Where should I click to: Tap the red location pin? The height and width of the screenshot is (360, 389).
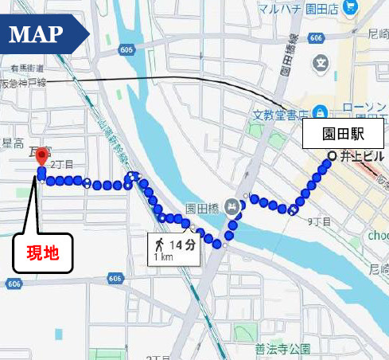click(x=42, y=154)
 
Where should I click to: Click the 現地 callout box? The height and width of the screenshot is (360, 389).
click(x=43, y=254)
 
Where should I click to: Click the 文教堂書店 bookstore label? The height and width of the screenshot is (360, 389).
click(x=279, y=115)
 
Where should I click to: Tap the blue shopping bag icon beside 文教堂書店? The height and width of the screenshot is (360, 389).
click(x=320, y=112)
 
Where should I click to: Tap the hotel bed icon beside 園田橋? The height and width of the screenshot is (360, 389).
click(x=231, y=205)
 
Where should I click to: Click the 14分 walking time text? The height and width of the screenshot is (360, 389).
click(x=183, y=244)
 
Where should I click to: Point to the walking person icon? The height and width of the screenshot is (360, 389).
click(x=160, y=244)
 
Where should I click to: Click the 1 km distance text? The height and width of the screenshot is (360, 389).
click(x=164, y=257)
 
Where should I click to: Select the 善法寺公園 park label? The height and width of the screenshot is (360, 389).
click(x=282, y=349)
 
